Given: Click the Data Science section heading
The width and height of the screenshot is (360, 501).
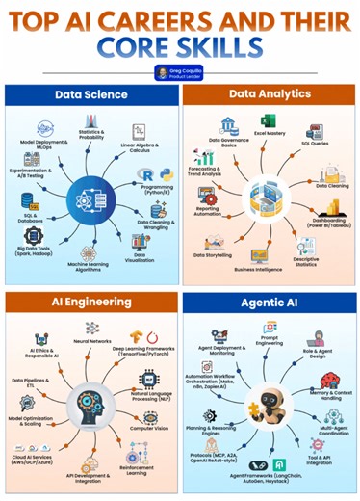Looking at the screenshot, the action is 90,95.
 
